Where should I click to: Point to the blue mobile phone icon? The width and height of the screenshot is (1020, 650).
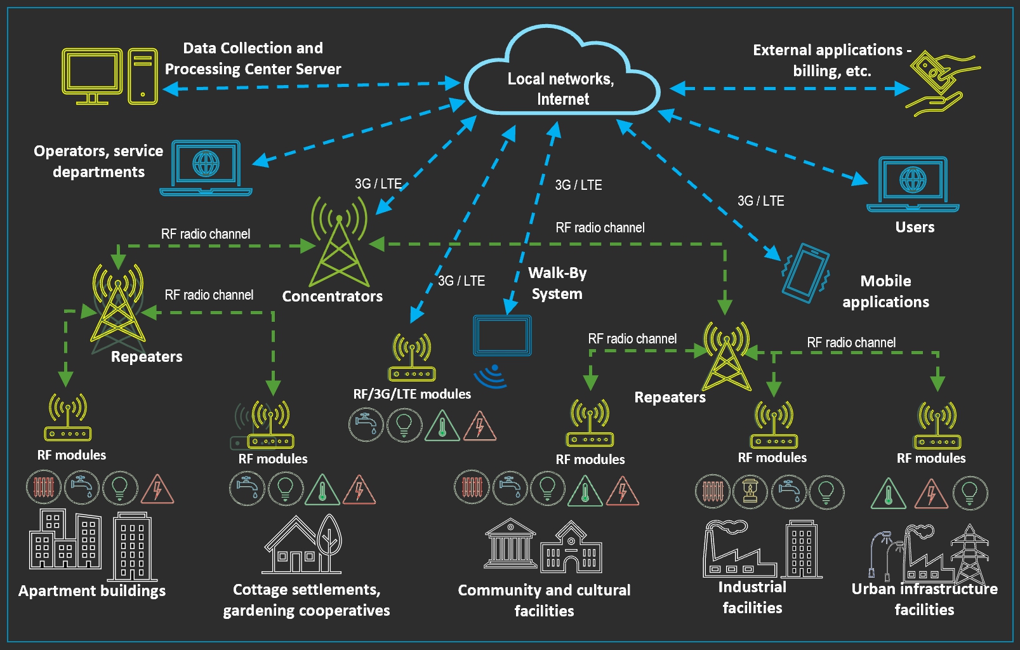pos(805,273)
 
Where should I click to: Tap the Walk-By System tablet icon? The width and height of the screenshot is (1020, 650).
pos(502,335)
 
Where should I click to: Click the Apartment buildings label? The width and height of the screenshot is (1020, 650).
pos(92,591)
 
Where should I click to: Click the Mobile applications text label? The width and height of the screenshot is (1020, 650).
pos(885,291)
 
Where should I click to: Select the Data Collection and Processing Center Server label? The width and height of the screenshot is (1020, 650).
pos(253,58)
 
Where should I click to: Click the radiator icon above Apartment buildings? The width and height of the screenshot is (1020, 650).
pos(44,487)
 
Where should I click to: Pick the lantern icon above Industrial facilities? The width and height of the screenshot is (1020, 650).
pos(750,491)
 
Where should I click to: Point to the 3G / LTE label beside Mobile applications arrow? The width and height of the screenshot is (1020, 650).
pos(760,201)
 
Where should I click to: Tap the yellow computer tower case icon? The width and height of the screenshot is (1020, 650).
pos(143,76)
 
